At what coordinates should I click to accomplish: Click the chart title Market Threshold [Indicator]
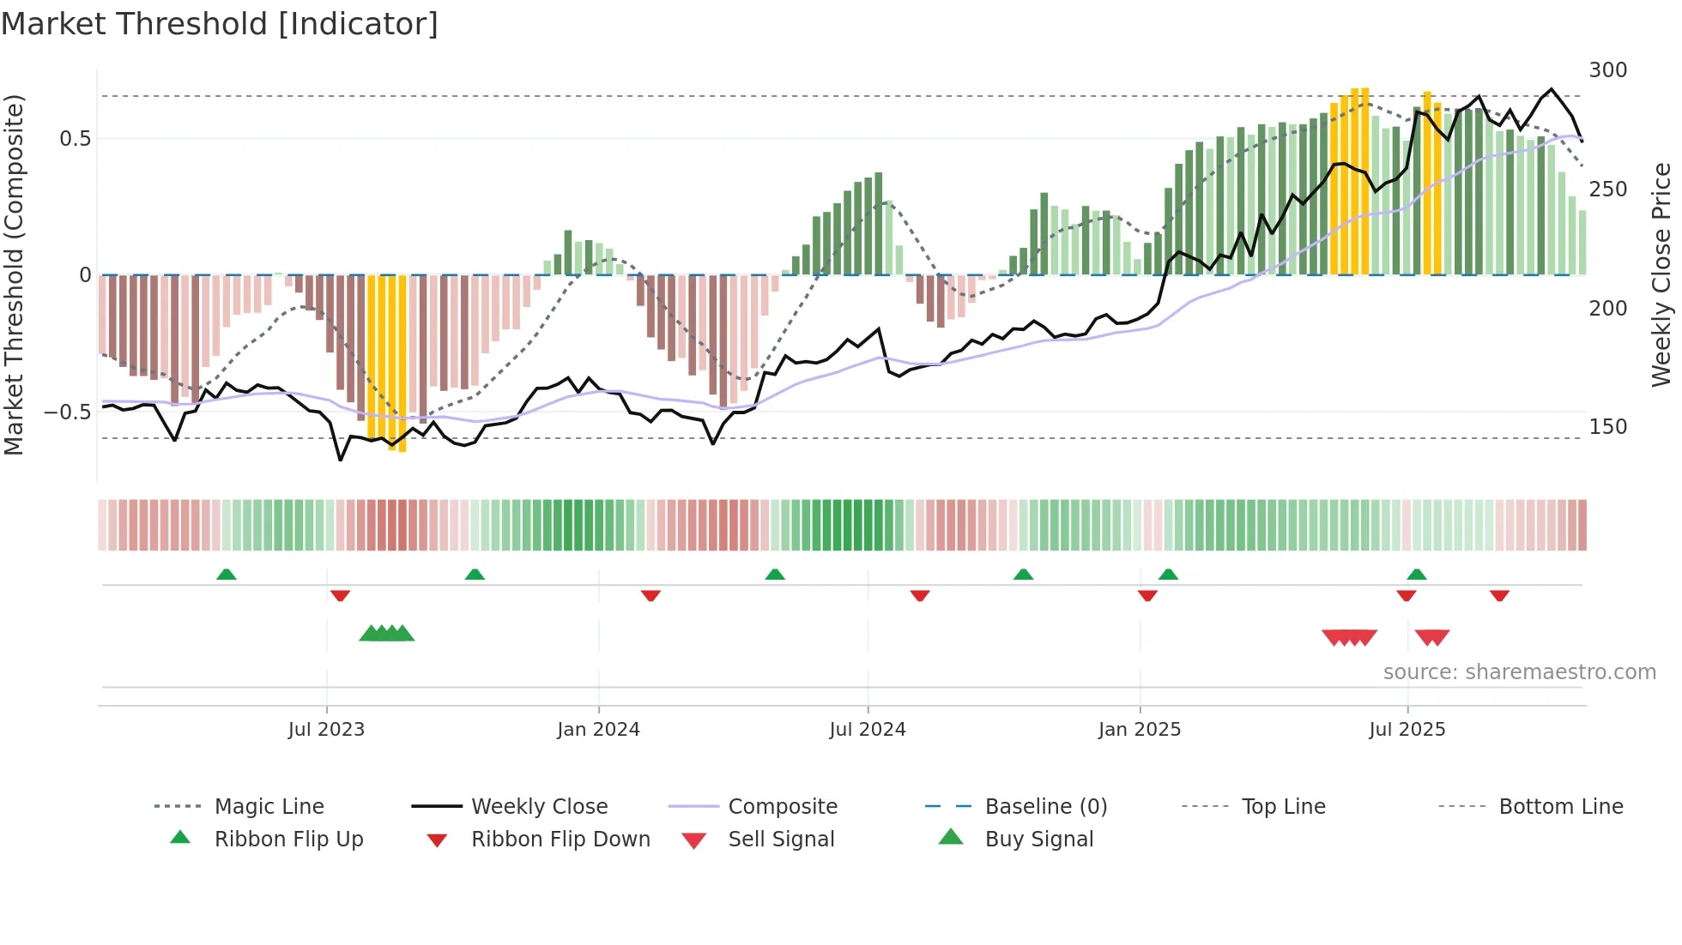(220, 24)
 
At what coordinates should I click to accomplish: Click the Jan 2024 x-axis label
(598, 730)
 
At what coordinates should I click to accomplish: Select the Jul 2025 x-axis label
(1407, 730)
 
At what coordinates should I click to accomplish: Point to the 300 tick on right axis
(1607, 70)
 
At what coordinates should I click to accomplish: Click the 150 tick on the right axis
(1607, 427)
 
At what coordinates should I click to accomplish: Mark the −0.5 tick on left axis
(67, 412)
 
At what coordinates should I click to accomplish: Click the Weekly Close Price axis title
(1661, 274)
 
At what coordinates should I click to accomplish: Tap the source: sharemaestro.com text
(1519, 672)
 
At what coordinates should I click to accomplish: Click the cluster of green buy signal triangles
(386, 634)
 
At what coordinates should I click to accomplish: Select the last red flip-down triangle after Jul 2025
(1499, 596)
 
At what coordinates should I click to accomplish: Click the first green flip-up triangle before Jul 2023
(227, 575)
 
